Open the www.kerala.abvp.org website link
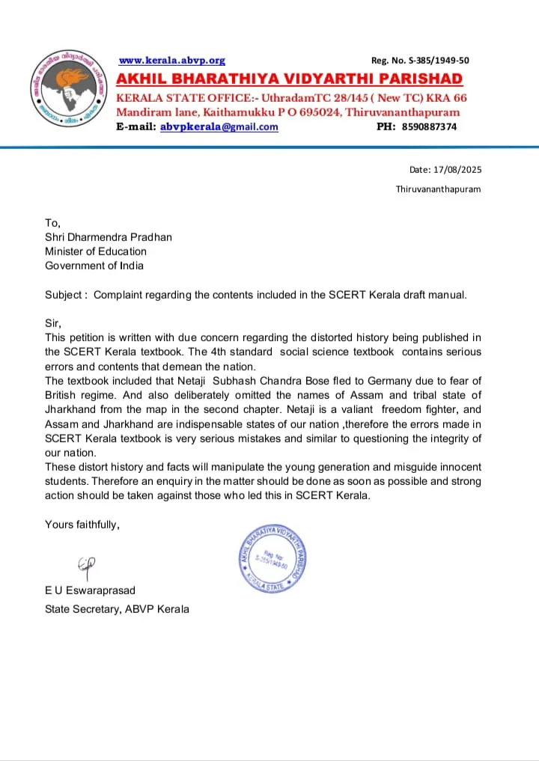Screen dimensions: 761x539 tap(172, 61)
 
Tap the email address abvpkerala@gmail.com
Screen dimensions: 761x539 tap(219, 127)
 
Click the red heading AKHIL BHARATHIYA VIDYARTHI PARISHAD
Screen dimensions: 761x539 tap(289, 79)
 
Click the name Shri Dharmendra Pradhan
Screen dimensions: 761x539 tap(109, 237)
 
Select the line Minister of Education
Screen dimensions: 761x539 tap(96, 251)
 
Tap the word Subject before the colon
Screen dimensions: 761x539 tap(63, 295)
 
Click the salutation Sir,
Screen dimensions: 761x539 tap(52, 323)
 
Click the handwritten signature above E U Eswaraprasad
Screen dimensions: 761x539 tap(87, 568)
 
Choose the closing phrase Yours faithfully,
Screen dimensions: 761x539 tap(82, 525)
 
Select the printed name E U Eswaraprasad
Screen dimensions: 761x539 tap(91, 591)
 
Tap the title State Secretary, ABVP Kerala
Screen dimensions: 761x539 tap(117, 609)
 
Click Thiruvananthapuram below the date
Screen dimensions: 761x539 tap(438, 189)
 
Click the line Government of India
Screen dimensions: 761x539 tap(94, 266)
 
